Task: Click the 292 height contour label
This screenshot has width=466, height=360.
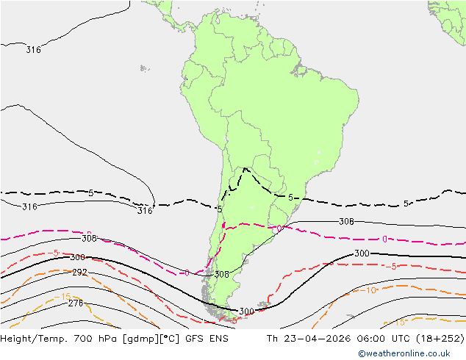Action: [79, 273]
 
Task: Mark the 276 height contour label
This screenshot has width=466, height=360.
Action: [75, 303]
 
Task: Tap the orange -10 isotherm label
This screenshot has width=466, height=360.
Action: [371, 290]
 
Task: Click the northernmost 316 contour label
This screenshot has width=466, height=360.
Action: [33, 50]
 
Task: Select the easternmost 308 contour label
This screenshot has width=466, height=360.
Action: [346, 221]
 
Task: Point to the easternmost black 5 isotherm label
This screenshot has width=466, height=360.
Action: [406, 204]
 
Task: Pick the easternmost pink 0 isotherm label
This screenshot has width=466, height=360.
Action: [384, 239]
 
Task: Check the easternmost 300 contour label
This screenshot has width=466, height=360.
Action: [362, 253]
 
